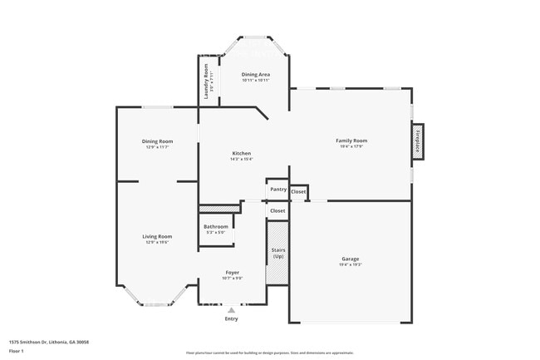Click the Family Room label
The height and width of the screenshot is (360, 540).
point(351,141)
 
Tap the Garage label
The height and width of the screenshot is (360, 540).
point(351,259)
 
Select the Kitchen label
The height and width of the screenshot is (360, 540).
point(242,153)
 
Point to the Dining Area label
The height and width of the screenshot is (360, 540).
point(255,75)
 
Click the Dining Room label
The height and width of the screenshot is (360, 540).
point(157,141)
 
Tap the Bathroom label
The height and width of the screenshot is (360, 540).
point(216,226)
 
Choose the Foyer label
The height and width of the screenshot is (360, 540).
point(233,273)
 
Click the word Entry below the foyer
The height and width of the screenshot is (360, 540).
point(232,319)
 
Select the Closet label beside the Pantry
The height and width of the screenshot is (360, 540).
point(298,192)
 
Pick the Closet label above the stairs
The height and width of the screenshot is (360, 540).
point(277,211)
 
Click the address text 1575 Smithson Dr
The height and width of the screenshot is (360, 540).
point(49,342)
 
